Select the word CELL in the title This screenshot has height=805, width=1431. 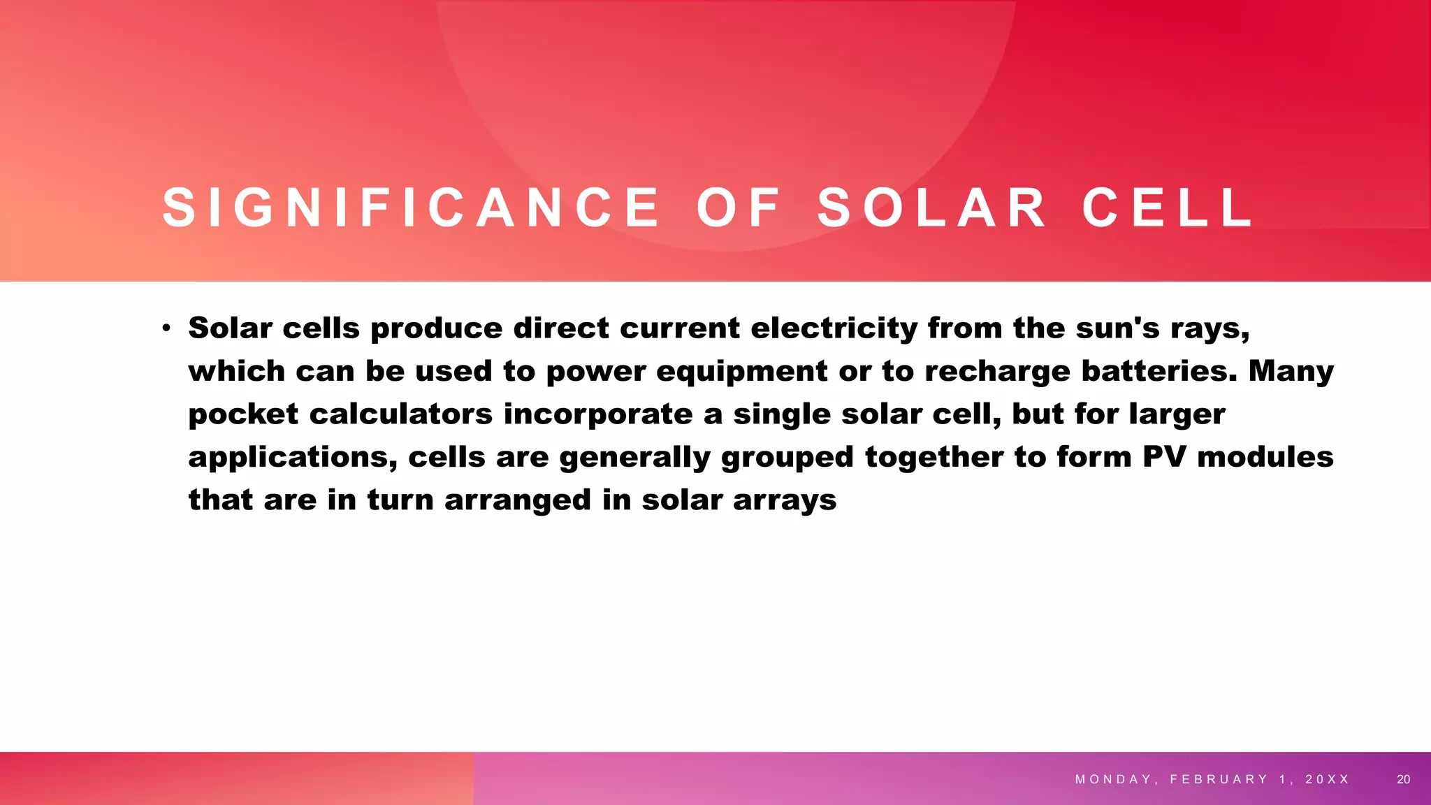click(1168, 208)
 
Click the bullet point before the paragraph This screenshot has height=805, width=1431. click(166, 328)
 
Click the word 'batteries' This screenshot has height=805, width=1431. click(1158, 371)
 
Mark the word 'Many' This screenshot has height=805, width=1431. click(1291, 371)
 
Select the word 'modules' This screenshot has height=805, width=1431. click(1265, 457)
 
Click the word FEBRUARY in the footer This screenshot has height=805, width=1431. click(1219, 779)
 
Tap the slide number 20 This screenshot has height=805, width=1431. click(1403, 779)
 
